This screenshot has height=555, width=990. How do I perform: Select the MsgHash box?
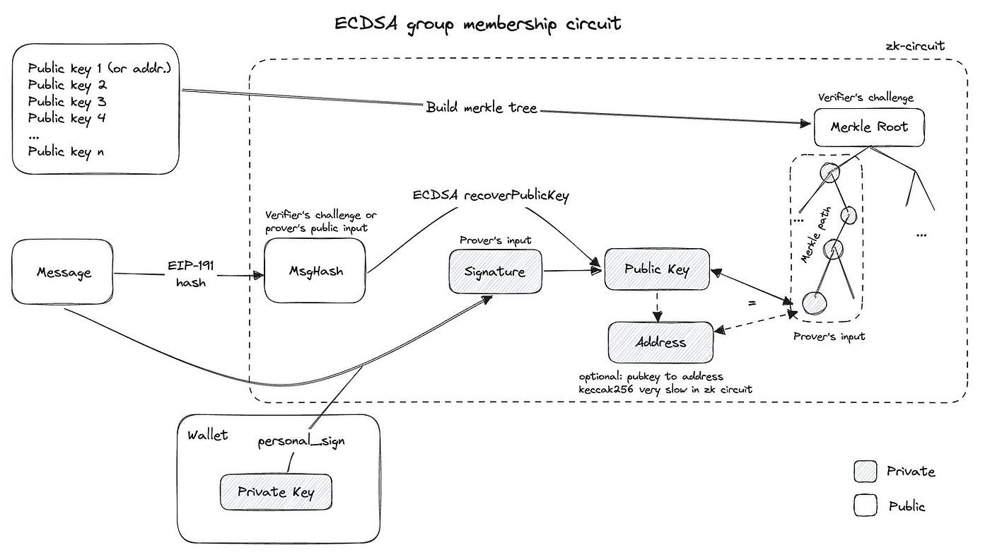(x=315, y=271)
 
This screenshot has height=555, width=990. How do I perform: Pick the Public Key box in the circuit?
(x=657, y=269)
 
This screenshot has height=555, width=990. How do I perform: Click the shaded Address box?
(x=660, y=342)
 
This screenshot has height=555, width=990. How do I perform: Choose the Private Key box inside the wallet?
(x=276, y=492)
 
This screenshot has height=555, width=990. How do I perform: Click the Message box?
(x=64, y=272)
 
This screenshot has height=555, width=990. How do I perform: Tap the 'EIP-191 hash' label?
(x=191, y=272)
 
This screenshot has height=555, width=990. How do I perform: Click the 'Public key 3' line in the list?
(x=66, y=102)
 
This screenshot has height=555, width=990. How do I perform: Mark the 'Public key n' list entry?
(x=66, y=151)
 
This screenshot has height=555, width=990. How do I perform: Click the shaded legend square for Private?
(x=866, y=472)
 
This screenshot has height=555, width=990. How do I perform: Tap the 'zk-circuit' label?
(x=915, y=47)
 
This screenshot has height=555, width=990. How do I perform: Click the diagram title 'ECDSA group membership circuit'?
(x=478, y=23)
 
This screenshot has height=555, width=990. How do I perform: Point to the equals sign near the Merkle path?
(x=752, y=303)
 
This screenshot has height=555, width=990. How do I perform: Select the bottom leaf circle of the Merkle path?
(x=814, y=303)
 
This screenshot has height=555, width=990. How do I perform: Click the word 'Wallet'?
(x=207, y=435)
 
